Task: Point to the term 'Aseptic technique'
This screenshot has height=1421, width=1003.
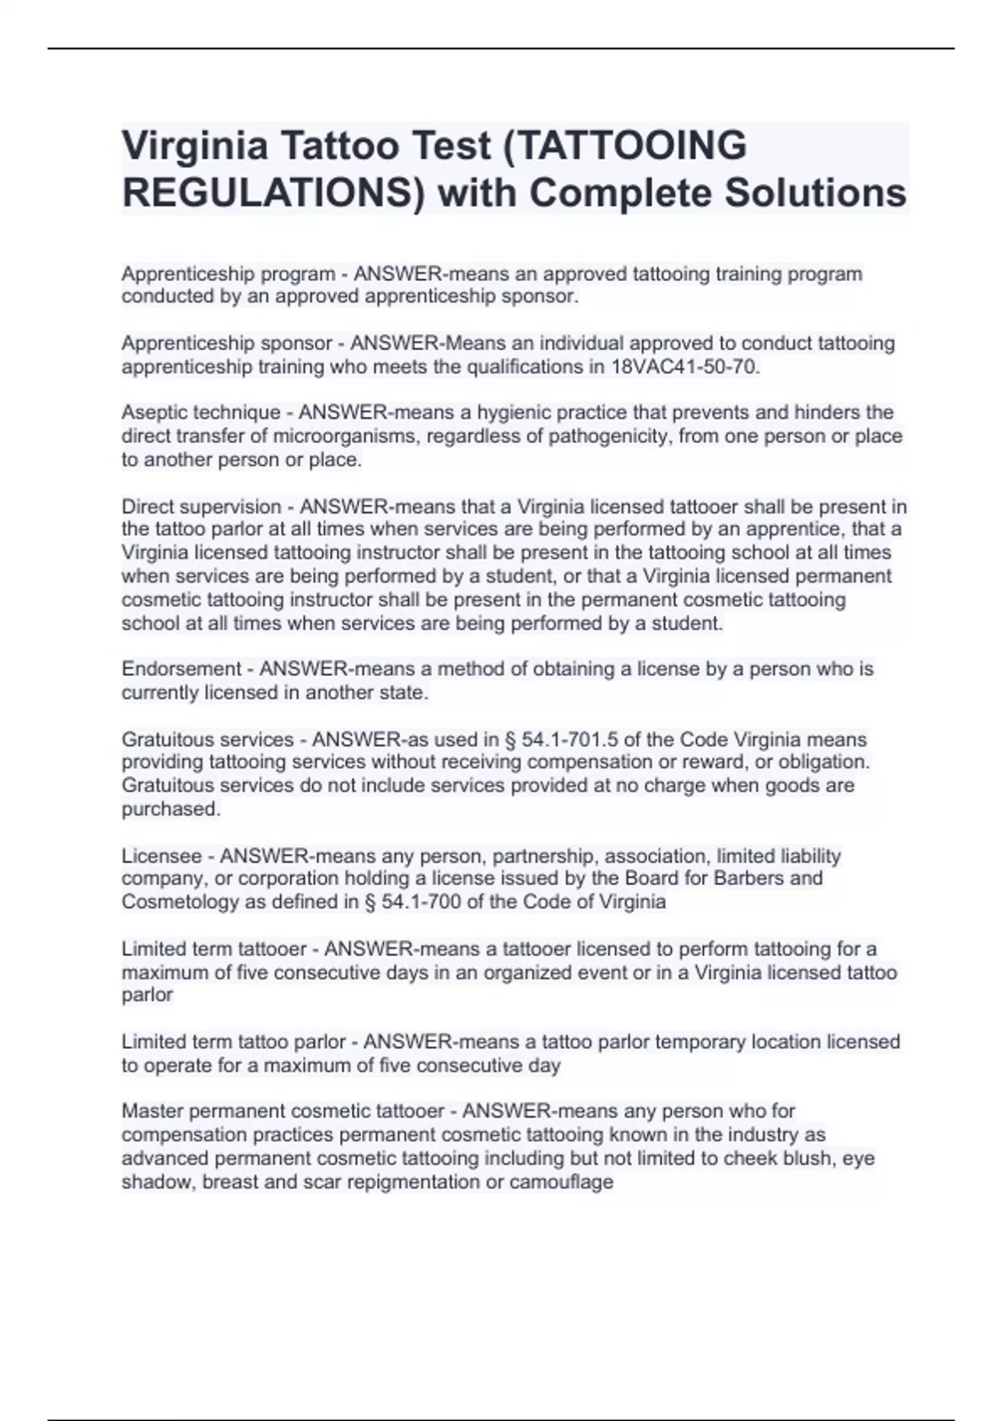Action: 201,413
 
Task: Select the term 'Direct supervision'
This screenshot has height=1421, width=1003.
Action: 201,507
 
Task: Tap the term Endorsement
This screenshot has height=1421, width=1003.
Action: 181,670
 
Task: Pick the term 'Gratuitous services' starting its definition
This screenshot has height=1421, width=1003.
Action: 207,740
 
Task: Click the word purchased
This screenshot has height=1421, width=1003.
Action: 171,809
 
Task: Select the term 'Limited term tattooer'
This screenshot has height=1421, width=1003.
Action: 214,949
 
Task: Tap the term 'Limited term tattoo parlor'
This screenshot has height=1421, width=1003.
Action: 233,1042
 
